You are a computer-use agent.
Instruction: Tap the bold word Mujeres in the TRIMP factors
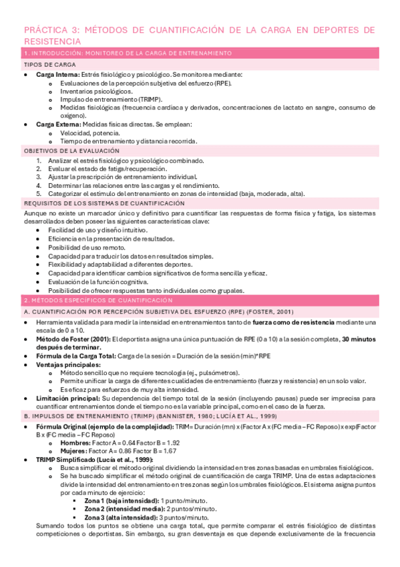[73, 451]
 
